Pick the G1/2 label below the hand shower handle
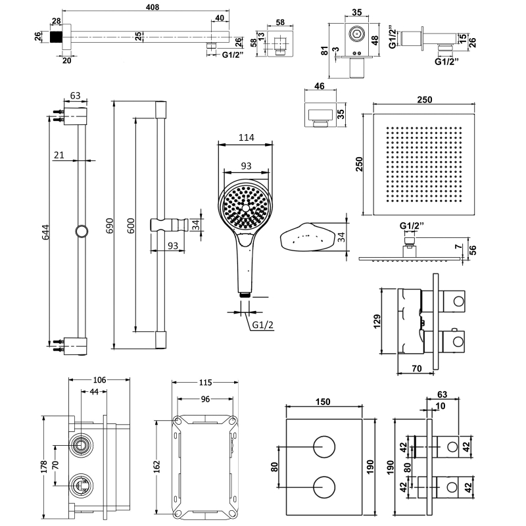[262, 324]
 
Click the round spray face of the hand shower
[245, 206]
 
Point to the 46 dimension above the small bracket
[320, 85]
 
